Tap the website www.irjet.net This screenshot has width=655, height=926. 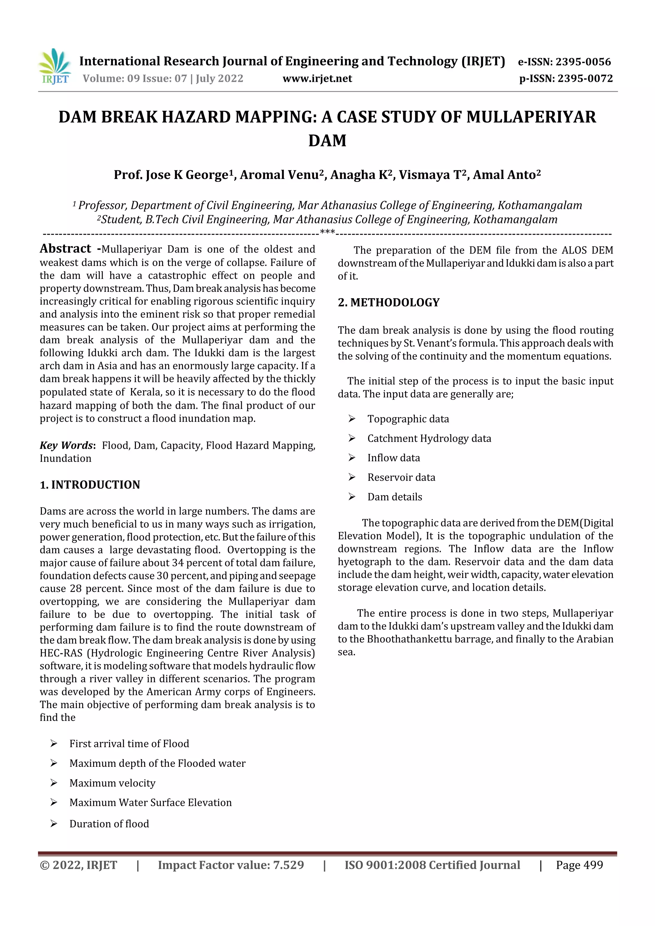(x=317, y=78)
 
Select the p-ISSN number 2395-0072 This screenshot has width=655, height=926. (x=585, y=78)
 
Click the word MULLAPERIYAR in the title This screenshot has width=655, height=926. (x=531, y=117)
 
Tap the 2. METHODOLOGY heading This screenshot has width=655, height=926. (x=389, y=302)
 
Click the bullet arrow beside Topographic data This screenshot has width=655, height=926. (x=352, y=419)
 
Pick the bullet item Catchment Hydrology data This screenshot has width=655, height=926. (x=429, y=439)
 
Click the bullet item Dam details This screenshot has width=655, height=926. (x=395, y=497)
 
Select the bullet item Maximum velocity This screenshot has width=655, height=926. (x=112, y=783)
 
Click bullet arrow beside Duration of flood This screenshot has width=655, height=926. (x=54, y=824)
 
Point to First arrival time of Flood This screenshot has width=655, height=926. (x=129, y=743)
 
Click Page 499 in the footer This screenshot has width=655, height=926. (x=579, y=865)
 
